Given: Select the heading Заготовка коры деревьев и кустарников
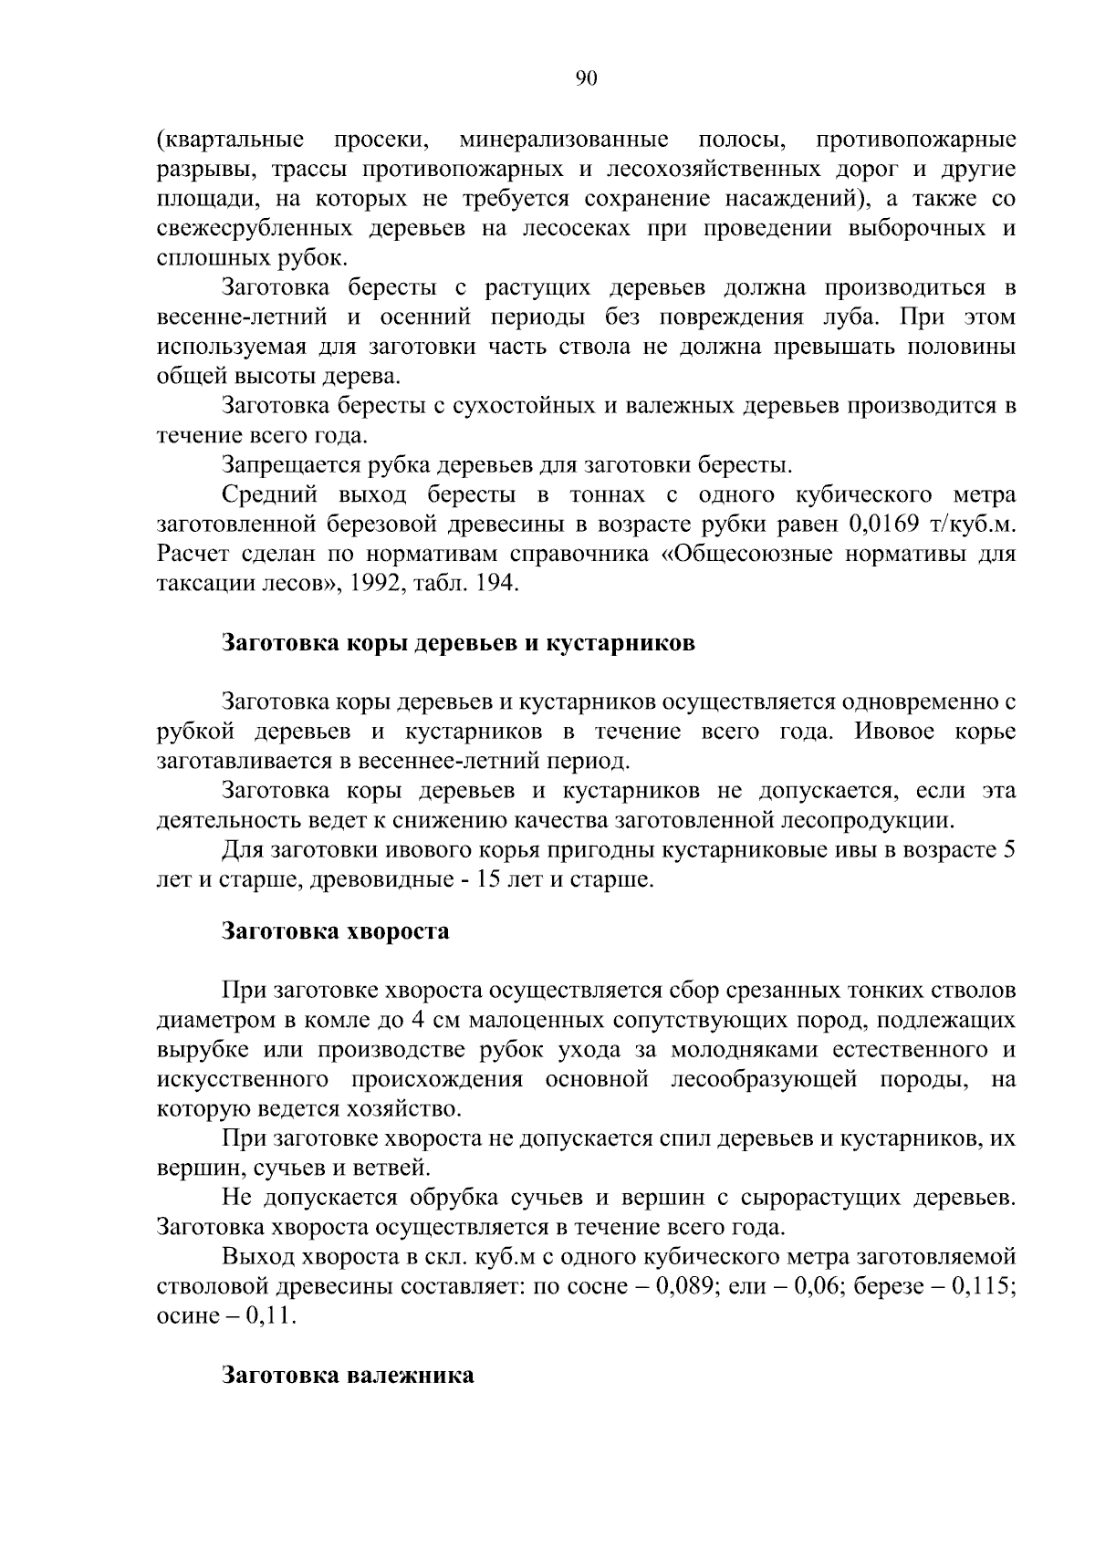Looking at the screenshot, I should [459, 643].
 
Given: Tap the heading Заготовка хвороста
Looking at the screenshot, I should [337, 931].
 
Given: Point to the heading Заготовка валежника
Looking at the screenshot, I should [349, 1375].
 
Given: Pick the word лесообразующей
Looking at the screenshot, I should [764, 1080].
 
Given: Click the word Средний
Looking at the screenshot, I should [269, 495].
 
